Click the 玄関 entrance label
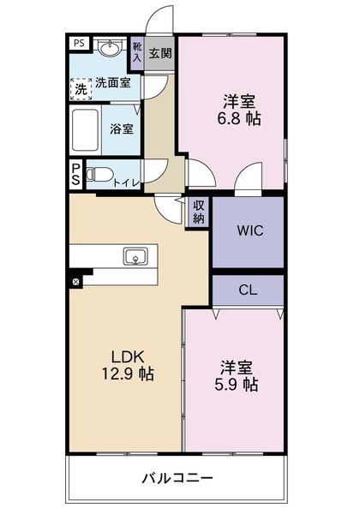coord(159,53)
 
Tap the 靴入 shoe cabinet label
coord(137,52)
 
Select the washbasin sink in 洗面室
coord(109,50)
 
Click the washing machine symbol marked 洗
coord(80,87)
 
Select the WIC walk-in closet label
coord(248,230)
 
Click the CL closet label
coord(248,290)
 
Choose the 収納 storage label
coord(199,212)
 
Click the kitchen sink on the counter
coord(135,257)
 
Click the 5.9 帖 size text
coord(237,385)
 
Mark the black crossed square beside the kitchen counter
coord(75,280)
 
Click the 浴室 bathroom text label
coord(120,130)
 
